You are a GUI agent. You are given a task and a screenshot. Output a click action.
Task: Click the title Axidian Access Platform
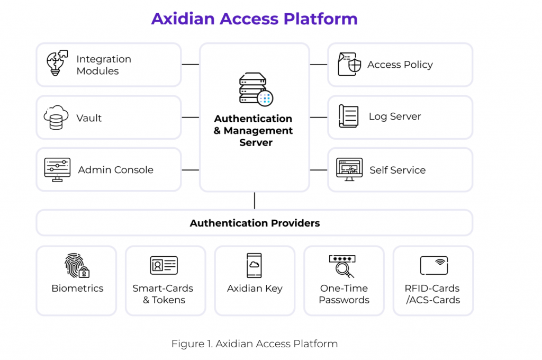(x=254, y=19)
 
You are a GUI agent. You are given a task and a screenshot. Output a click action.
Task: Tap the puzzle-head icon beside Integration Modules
(x=57, y=64)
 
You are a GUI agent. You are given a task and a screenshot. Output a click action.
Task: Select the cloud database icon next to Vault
(x=56, y=117)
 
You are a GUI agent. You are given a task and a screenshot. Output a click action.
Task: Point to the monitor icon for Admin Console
(x=57, y=170)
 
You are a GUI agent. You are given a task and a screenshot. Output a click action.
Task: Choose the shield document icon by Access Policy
(x=349, y=65)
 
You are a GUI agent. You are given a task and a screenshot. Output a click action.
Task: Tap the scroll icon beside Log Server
(x=349, y=116)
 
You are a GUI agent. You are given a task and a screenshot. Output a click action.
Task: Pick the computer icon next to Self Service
(x=349, y=169)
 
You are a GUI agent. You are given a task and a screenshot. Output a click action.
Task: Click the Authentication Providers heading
(x=255, y=223)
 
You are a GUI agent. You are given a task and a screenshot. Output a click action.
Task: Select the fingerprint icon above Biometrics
(x=77, y=265)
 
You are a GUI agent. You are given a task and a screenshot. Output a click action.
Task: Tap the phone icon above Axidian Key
(x=254, y=265)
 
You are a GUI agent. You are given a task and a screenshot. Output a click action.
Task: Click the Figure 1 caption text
(x=254, y=344)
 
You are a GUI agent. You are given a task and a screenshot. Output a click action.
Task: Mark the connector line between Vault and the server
(x=191, y=117)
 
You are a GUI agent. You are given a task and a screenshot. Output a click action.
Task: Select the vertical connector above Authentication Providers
(x=255, y=201)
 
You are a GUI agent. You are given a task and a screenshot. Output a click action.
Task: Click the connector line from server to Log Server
(x=319, y=117)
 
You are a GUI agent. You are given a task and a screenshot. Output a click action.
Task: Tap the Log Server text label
(x=395, y=116)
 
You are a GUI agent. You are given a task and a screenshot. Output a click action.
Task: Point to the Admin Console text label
(x=115, y=170)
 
